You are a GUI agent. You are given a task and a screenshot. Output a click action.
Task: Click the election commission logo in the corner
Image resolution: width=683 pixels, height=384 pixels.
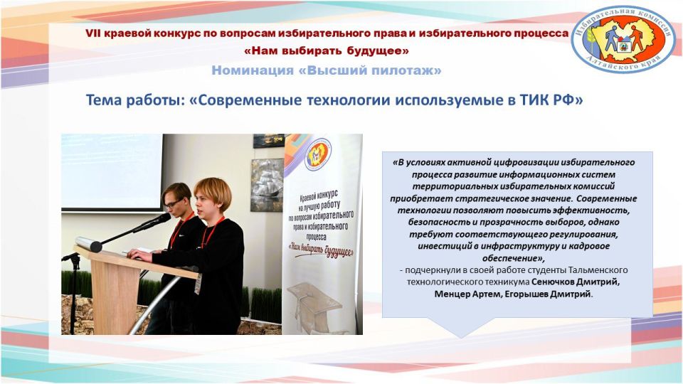coord(623,38)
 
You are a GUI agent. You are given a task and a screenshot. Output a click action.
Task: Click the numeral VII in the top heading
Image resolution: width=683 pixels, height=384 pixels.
coord(93,33)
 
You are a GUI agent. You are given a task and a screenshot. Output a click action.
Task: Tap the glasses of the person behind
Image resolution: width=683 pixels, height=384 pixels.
coord(173,203)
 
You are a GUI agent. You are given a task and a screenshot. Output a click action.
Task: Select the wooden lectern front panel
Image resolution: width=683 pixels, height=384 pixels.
coord(114,292)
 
